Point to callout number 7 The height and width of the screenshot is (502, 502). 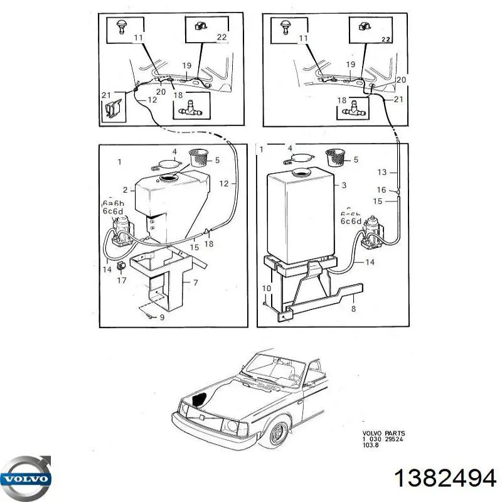196,284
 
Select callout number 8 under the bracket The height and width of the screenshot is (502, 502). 353,309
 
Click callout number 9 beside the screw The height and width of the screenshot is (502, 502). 163,318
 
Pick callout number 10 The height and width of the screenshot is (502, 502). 266,289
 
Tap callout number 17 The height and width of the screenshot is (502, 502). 122,281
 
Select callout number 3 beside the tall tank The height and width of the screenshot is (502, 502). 343,185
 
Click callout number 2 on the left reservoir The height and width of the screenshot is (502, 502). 125,190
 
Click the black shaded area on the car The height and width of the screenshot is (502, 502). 201,398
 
